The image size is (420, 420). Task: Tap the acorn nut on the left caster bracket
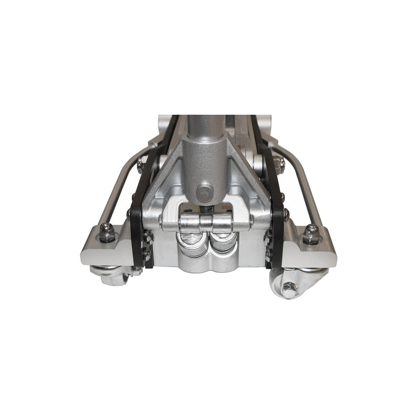click(x=107, y=230)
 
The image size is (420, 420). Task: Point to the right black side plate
click(x=276, y=220)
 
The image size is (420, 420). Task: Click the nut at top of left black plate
click(x=141, y=166)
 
